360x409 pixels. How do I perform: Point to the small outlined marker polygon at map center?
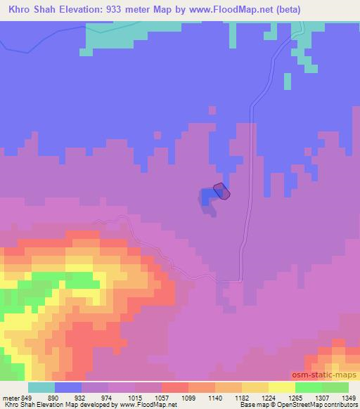pyautogui.click(x=221, y=190)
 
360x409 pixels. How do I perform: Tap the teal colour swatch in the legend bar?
pyautogui.click(x=41, y=387)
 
